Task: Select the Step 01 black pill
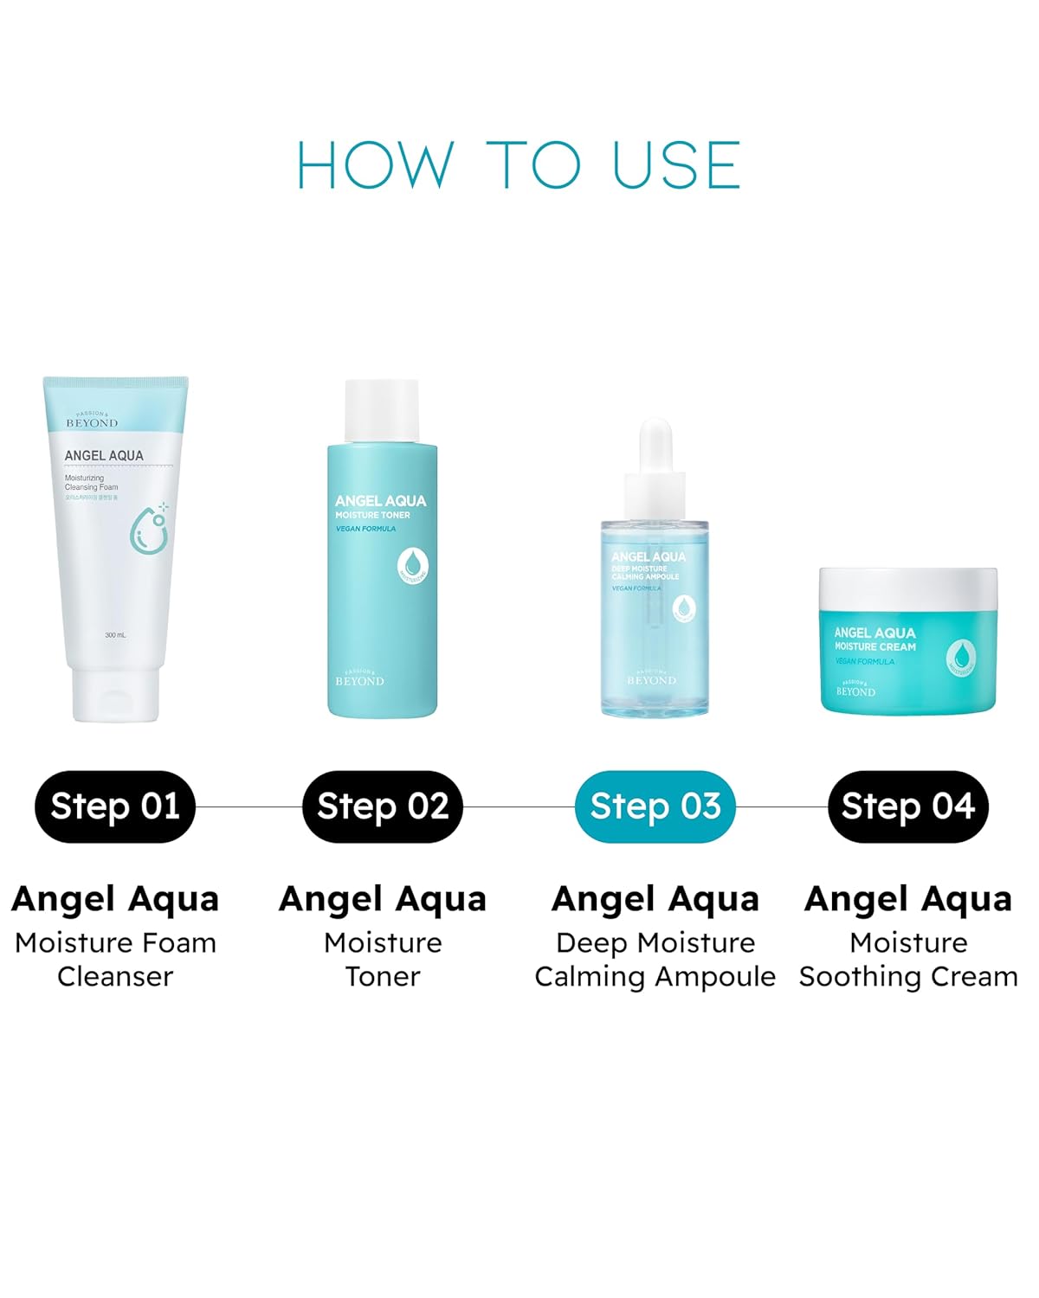115,806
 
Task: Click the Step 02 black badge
383,806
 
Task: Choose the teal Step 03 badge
655,806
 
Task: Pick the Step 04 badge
908,806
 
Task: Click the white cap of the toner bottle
382,411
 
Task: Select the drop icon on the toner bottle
413,565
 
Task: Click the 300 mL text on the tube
115,635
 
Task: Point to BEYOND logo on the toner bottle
359,680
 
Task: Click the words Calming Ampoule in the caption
655,976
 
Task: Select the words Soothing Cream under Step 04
908,976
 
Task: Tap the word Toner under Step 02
383,976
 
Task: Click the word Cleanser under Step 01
115,976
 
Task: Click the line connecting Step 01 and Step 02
248,806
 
